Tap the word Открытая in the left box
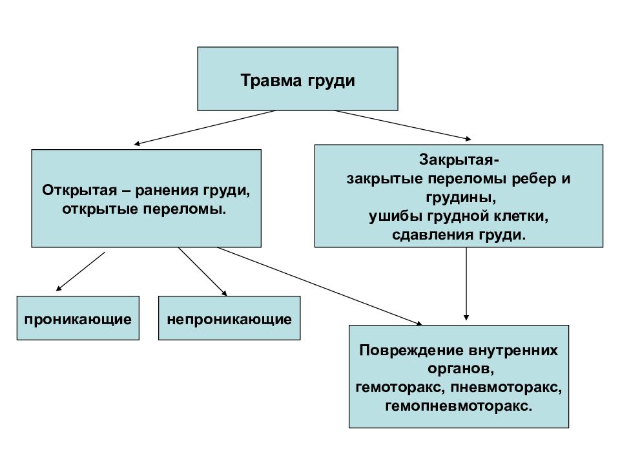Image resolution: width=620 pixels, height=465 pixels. (79, 190)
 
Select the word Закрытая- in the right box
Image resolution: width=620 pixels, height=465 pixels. (459, 160)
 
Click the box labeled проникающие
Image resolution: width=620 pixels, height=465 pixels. (78, 318)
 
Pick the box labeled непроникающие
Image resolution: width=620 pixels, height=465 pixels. (229, 318)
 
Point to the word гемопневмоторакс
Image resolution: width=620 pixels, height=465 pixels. (459, 406)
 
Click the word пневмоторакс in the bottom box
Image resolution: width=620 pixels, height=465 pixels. (506, 387)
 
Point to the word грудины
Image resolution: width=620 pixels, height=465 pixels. (461, 198)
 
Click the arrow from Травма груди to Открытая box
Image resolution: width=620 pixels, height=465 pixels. (205, 127)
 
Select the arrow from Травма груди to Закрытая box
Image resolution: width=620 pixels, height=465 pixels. (403, 125)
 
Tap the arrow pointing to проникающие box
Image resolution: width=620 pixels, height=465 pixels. (81, 272)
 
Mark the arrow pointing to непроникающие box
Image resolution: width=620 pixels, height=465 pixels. (202, 272)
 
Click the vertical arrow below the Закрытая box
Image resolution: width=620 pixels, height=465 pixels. (466, 284)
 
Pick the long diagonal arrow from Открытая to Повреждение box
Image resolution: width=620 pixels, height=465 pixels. (320, 286)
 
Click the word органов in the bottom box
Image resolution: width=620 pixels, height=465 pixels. (461, 369)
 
